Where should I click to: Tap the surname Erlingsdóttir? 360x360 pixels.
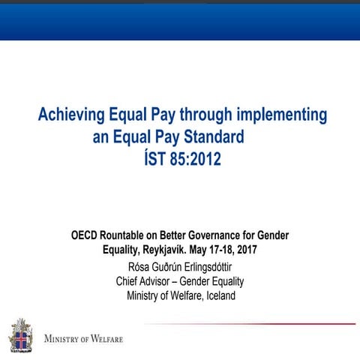point(205,265)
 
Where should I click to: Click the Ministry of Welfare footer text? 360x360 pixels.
point(83,338)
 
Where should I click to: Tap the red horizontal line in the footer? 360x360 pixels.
point(247,324)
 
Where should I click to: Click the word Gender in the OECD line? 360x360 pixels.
point(270,235)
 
